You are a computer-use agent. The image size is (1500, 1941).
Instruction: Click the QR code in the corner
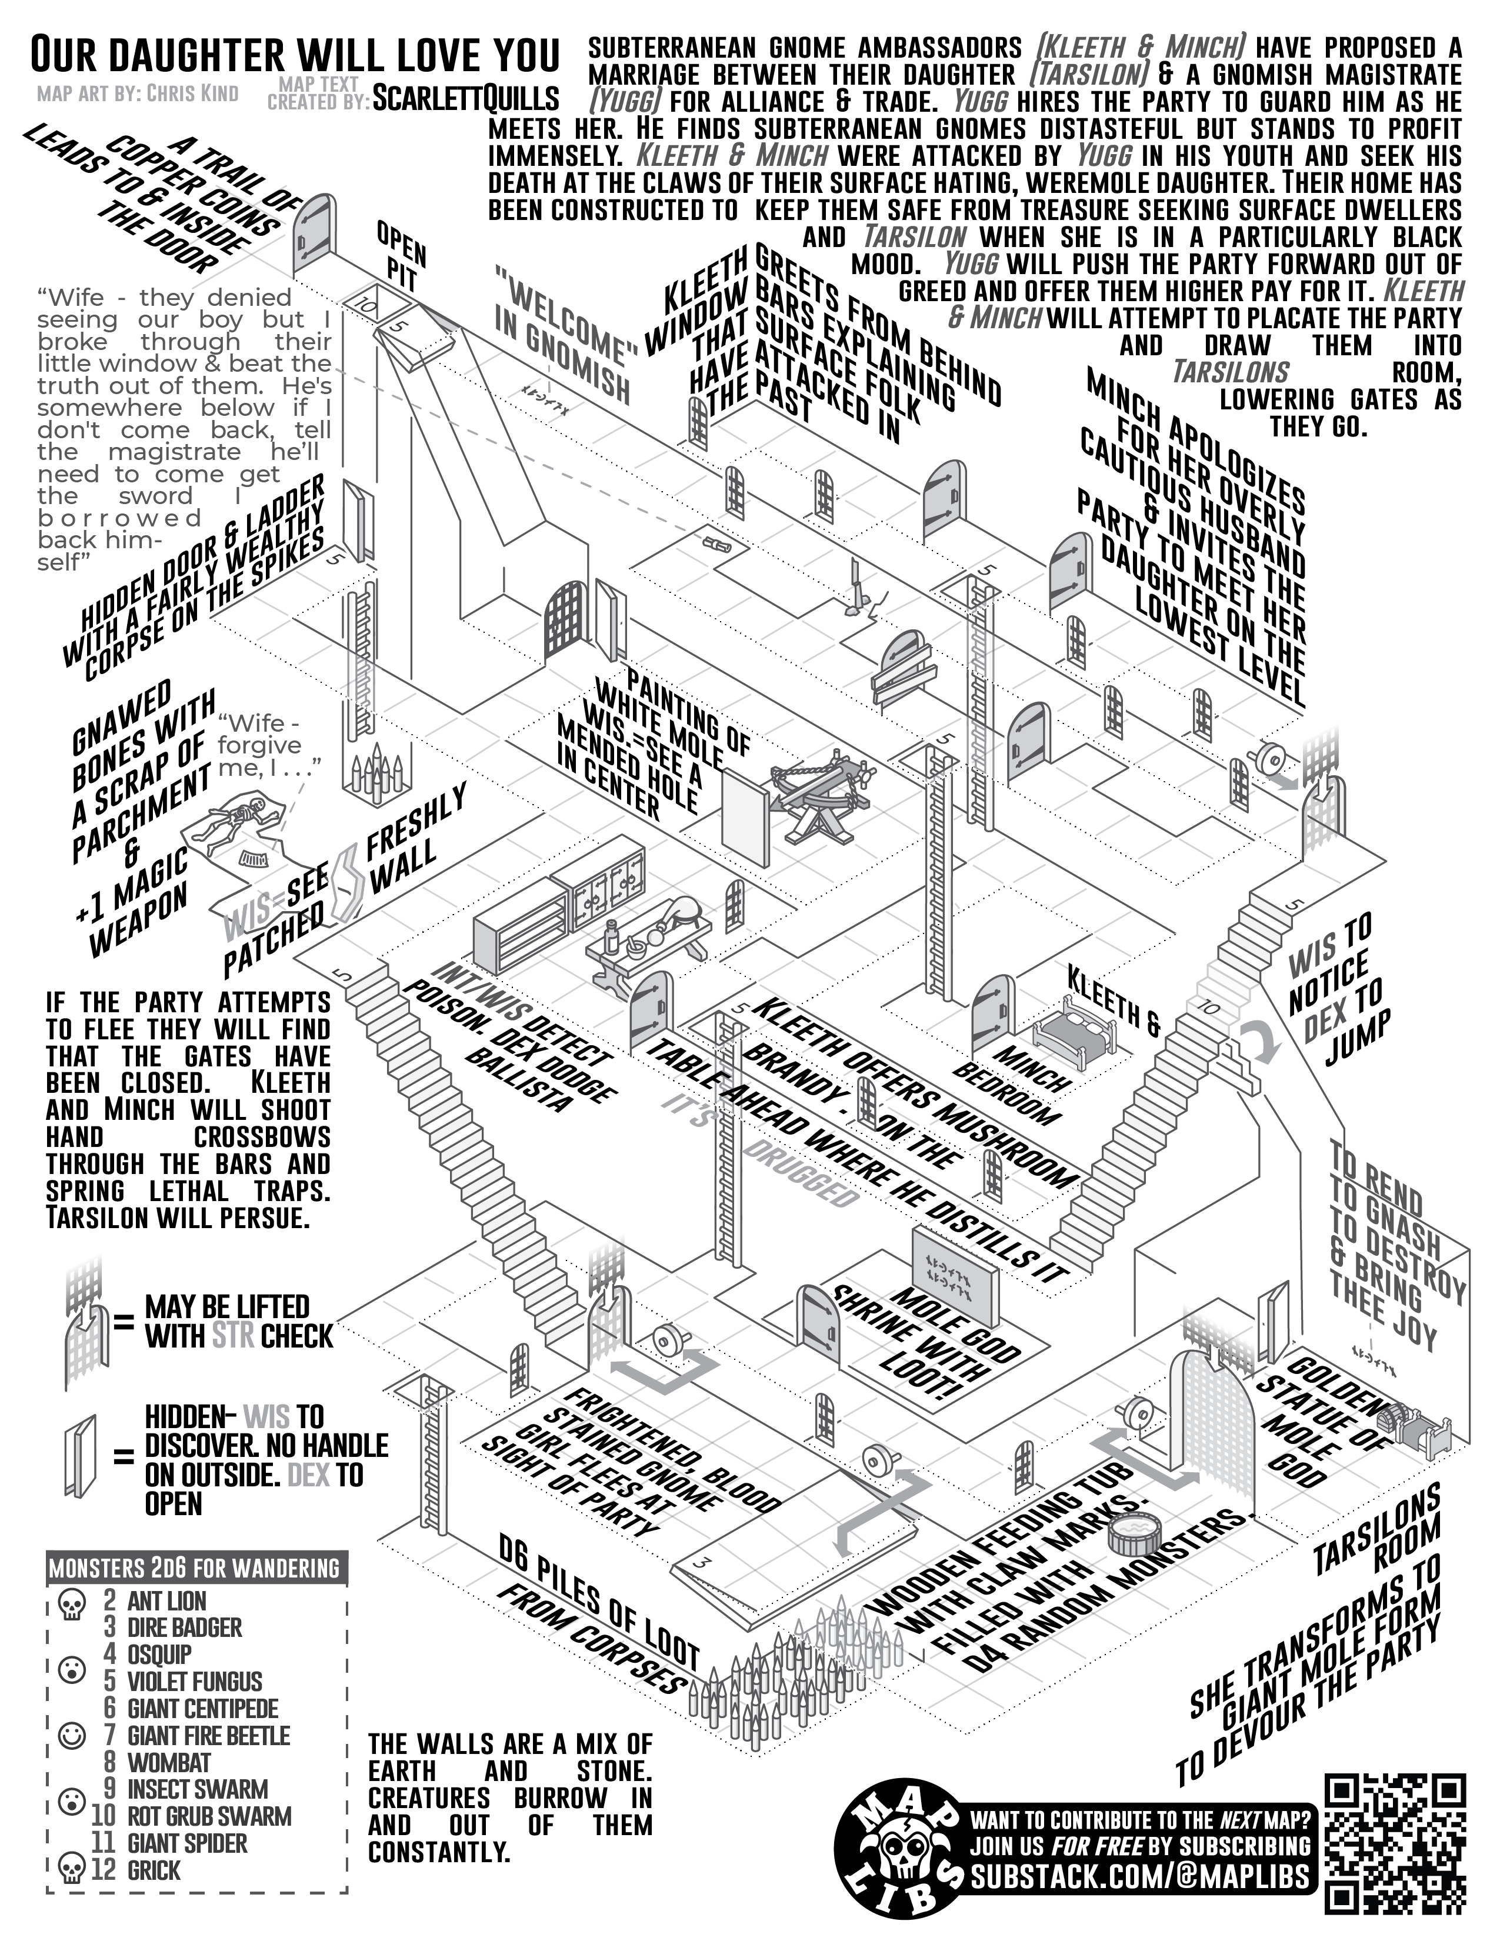tap(1394, 1844)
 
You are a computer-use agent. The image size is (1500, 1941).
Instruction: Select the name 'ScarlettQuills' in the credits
tap(466, 98)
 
